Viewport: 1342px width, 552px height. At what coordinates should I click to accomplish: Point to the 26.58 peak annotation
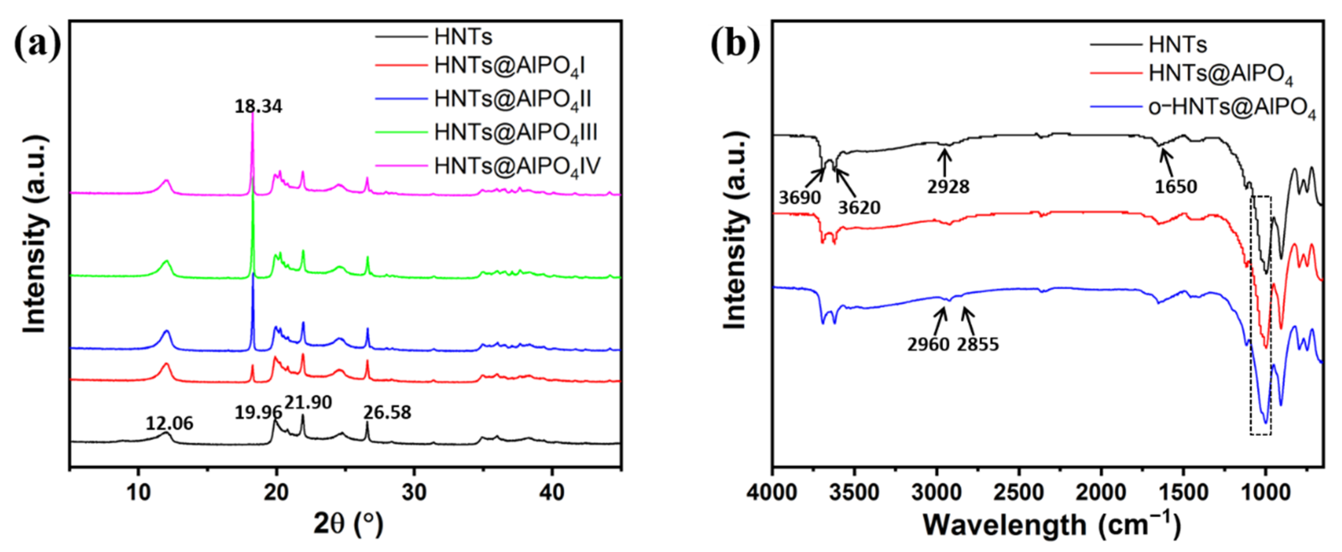click(x=387, y=413)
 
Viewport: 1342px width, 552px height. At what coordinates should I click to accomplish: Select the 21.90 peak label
click(x=309, y=402)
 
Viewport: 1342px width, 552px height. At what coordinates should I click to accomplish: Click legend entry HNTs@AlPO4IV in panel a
click(x=517, y=167)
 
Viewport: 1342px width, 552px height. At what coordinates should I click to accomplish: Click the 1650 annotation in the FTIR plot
click(x=1176, y=187)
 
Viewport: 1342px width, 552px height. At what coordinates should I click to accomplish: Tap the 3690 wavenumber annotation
click(x=800, y=198)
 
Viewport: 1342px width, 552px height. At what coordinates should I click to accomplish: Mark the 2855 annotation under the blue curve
click(x=978, y=344)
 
